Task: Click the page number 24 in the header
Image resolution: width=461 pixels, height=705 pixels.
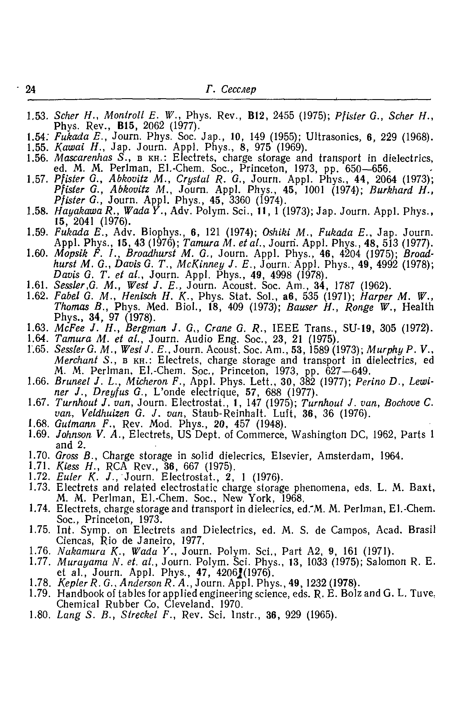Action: coord(31,89)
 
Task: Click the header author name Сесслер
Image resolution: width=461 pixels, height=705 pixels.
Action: coord(238,89)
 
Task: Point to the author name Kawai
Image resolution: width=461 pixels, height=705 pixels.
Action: coord(67,147)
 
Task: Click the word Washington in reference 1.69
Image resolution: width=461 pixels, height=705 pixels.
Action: coord(319,435)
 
